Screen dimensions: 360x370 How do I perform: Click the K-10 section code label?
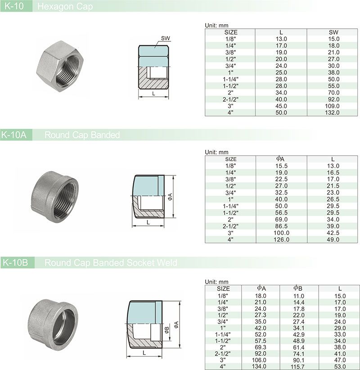[x=14, y=6]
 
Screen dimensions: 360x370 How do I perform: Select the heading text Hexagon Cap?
[x=65, y=7]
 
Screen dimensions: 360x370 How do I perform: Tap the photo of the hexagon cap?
[x=60, y=66]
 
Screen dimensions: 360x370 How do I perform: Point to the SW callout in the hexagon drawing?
[x=165, y=38]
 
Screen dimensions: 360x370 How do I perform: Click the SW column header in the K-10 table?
[x=333, y=32]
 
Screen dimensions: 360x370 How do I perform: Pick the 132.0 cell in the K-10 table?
[x=332, y=113]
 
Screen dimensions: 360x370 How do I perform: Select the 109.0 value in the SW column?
[x=332, y=106]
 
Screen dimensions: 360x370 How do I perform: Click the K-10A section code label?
[x=14, y=135]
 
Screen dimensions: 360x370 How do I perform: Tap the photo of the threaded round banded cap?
[x=54, y=197]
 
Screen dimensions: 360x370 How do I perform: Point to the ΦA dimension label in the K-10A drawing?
[x=170, y=197]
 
